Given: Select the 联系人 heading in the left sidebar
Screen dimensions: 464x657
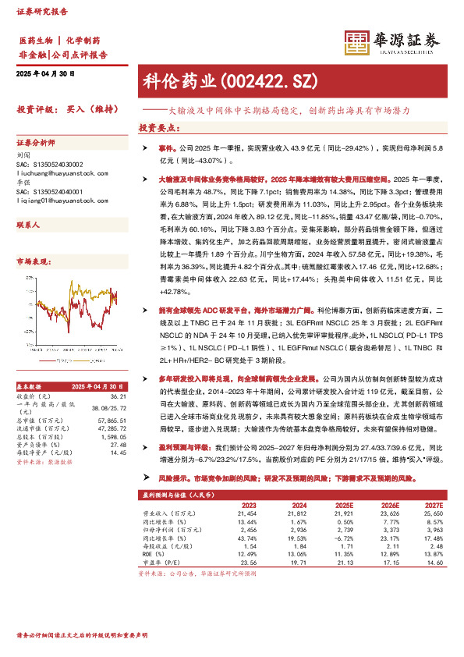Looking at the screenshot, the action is pos(27,224).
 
